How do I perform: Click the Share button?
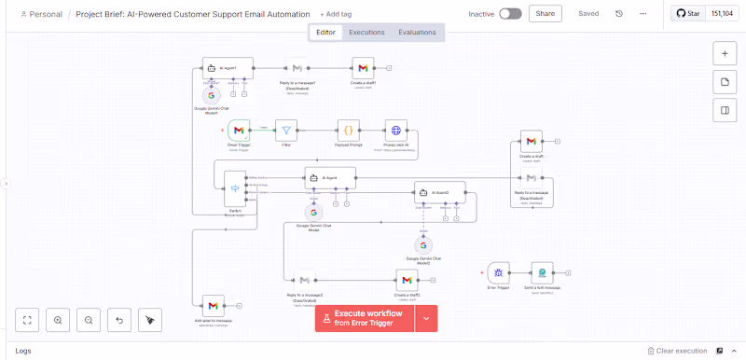click(545, 14)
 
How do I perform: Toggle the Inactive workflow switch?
click(510, 14)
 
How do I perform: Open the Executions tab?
click(366, 33)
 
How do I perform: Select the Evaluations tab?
click(417, 33)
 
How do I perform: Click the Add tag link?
click(336, 15)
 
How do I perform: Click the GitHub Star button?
click(689, 14)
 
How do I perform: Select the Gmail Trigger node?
click(239, 131)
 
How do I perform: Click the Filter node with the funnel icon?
click(286, 131)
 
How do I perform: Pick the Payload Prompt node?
click(348, 131)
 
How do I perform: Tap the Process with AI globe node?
click(396, 131)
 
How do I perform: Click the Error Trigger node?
click(499, 273)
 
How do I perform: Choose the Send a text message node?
click(542, 273)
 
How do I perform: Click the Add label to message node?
click(214, 306)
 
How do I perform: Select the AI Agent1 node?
click(228, 68)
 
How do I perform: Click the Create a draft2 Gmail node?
click(405, 280)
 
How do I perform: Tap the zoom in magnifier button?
click(58, 320)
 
